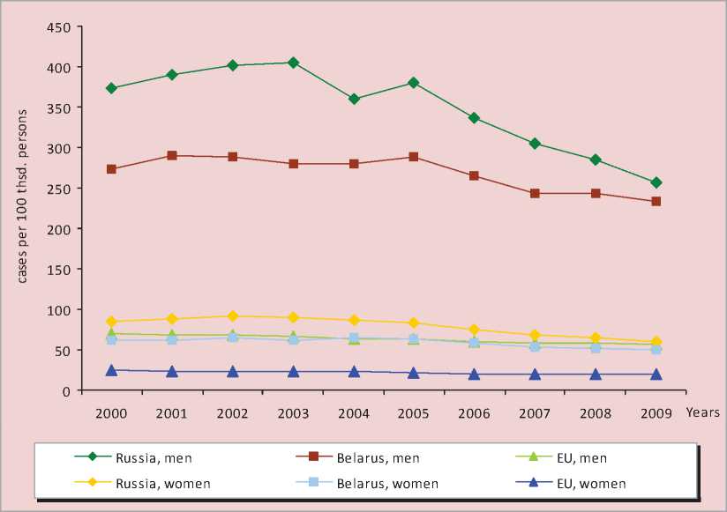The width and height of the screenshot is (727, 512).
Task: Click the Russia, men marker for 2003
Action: pyautogui.click(x=293, y=63)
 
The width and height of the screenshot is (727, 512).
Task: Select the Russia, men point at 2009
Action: pyautogui.click(x=656, y=182)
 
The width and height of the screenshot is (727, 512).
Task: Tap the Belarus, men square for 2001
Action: pyautogui.click(x=172, y=155)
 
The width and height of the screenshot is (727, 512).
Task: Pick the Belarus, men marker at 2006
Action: pyautogui.click(x=475, y=176)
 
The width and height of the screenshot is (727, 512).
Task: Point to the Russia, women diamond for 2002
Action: pyautogui.click(x=232, y=315)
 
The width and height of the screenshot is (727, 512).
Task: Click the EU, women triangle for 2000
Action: pyautogui.click(x=111, y=371)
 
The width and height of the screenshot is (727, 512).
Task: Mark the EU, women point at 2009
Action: pyautogui.click(x=656, y=375)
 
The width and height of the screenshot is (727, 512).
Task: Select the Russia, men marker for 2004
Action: pyautogui.click(x=354, y=99)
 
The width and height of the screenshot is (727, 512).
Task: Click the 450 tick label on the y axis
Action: pyautogui.click(x=59, y=26)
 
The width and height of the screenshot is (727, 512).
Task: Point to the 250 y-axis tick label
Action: pyautogui.click(x=59, y=189)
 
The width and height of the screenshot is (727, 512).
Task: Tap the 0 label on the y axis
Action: pyautogui.click(x=67, y=390)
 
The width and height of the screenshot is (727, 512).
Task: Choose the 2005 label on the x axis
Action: pyautogui.click(x=414, y=412)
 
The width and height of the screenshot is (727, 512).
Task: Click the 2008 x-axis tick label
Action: pyautogui.click(x=596, y=412)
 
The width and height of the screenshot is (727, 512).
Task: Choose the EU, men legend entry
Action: pyautogui.click(x=581, y=458)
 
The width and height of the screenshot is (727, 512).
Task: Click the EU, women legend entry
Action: pyautogui.click(x=591, y=484)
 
